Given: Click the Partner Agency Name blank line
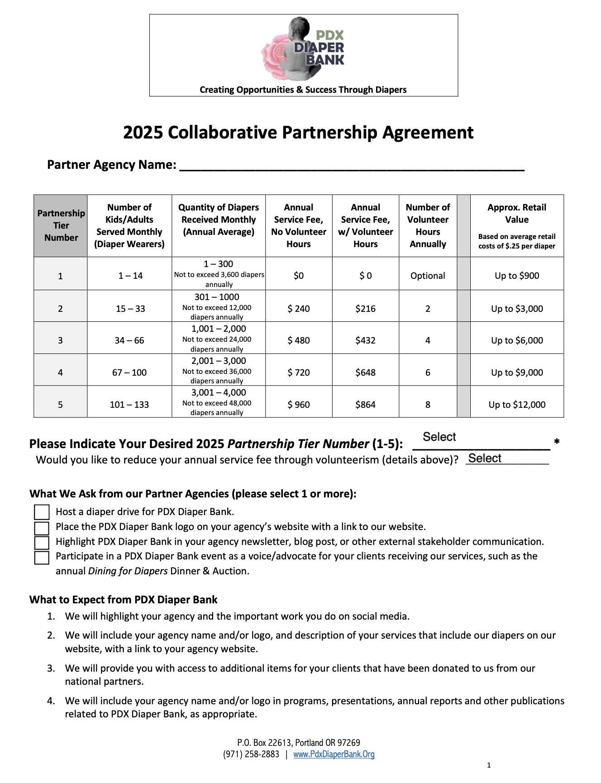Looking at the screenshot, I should click(x=352, y=166).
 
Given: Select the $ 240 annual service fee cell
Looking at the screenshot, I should click(x=299, y=309).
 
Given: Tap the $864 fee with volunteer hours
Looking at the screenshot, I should click(x=365, y=405).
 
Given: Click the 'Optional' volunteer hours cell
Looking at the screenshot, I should click(x=428, y=276).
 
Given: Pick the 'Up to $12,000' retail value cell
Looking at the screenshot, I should click(x=517, y=405).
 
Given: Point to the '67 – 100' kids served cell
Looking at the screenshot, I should click(x=129, y=372).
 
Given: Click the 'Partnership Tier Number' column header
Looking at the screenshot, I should click(x=61, y=225).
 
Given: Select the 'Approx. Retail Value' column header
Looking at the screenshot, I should click(x=517, y=214).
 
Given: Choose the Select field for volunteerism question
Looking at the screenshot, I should click(x=507, y=459).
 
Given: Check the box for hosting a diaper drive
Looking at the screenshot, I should click(x=42, y=512).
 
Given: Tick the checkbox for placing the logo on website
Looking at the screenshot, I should click(x=42, y=528).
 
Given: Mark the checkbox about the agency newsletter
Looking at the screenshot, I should click(x=42, y=542).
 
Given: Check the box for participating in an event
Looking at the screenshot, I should click(x=42, y=557).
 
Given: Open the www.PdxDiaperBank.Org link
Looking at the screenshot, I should click(x=334, y=754).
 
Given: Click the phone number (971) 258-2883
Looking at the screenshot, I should click(x=251, y=754).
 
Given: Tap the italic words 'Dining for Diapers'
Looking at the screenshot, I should click(x=128, y=571).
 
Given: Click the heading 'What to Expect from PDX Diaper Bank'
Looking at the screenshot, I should click(x=123, y=600).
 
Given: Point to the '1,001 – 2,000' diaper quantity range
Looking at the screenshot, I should click(x=219, y=329).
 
